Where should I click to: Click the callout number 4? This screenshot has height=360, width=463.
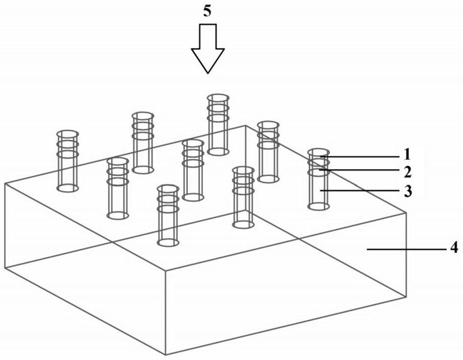pos(454,248)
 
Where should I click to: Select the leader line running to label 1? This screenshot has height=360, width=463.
pos(361,156)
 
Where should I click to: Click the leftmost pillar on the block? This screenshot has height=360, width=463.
pos(67,161)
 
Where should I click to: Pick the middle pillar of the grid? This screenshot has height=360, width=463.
pos(193,170)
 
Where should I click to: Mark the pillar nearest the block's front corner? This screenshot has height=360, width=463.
pos(168,214)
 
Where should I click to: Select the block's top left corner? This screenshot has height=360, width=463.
pos(5,183)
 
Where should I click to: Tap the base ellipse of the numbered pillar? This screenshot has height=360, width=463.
pos(318,207)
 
